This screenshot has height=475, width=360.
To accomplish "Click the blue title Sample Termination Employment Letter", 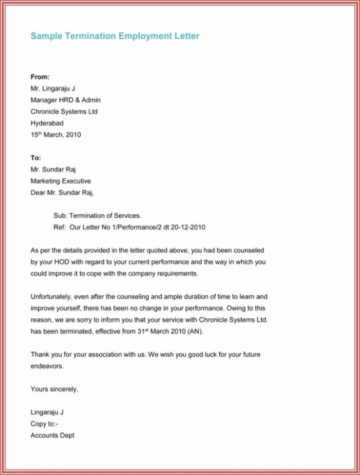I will (114, 36).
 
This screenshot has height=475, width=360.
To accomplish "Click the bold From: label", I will (40, 77).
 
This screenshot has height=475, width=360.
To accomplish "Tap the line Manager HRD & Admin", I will (66, 100).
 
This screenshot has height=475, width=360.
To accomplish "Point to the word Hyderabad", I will (47, 123).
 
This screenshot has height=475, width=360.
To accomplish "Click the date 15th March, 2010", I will (56, 135).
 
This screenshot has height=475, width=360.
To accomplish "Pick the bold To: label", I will (36, 158).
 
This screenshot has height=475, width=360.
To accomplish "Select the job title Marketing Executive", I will (61, 181).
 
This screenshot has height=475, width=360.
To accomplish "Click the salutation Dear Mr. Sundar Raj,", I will (62, 193).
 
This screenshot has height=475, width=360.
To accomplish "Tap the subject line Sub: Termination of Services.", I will (97, 215).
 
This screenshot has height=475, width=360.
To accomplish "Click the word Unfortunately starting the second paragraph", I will (53, 297).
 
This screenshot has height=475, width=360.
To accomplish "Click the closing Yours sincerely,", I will (54, 389).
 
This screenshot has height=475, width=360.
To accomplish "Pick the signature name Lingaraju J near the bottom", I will (47, 413).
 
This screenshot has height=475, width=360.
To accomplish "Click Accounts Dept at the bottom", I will (53, 435).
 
